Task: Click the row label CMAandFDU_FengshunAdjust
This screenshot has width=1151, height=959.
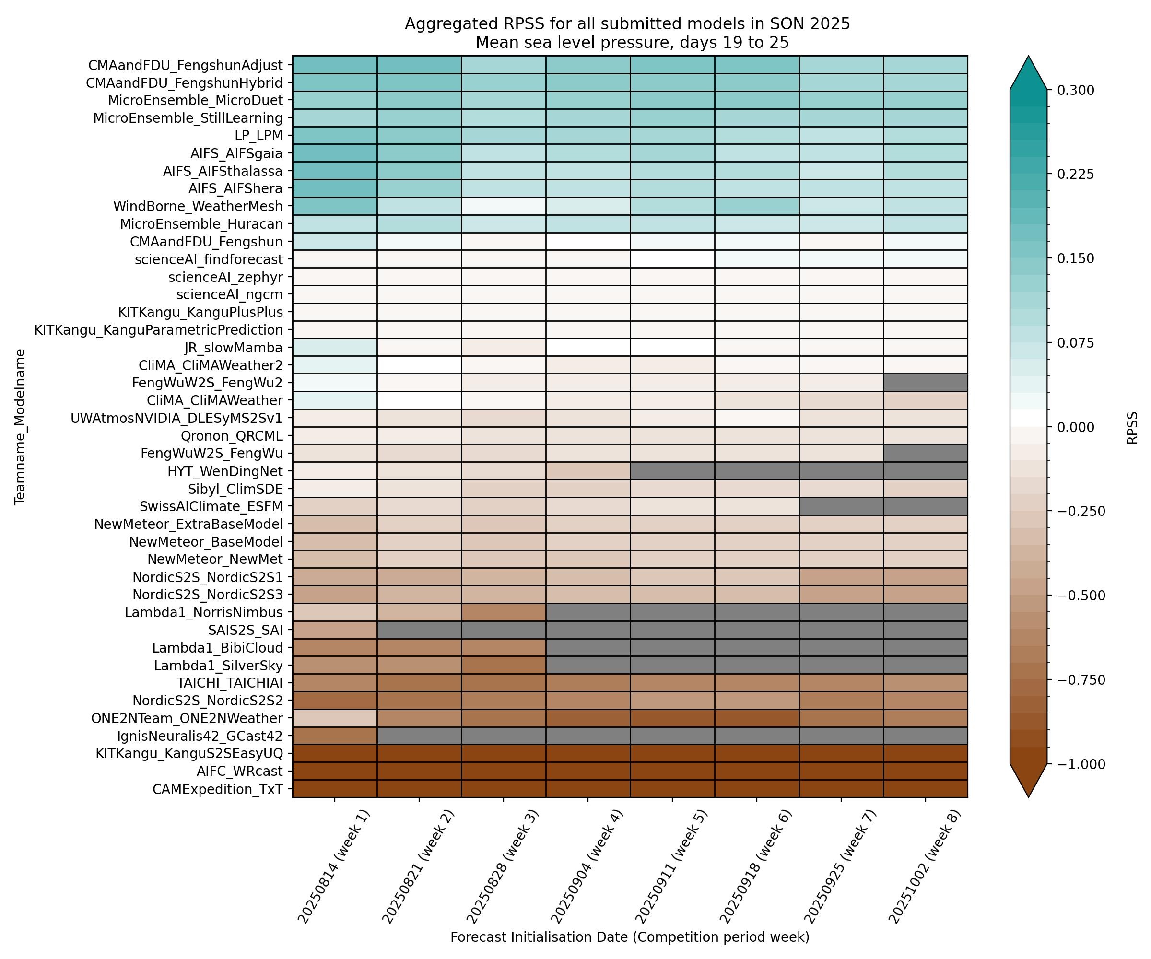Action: click(x=185, y=65)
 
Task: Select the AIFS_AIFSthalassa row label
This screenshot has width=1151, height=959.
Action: click(x=223, y=171)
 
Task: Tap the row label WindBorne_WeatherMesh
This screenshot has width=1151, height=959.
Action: click(x=198, y=207)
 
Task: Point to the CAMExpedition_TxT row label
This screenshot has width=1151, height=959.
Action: click(x=218, y=789)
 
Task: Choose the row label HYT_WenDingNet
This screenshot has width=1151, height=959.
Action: click(x=225, y=471)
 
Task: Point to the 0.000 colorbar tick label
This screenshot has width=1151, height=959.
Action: click(x=1075, y=427)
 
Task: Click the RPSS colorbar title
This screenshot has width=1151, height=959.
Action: click(x=1132, y=427)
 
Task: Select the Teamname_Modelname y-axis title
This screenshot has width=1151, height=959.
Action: click(x=20, y=426)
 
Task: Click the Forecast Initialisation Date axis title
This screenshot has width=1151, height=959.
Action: click(x=630, y=937)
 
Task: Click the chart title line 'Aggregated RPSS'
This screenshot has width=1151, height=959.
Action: click(x=627, y=24)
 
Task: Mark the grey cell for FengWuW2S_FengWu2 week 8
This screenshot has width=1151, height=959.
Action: click(x=925, y=383)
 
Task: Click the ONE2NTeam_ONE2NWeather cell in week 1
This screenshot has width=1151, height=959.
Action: click(x=334, y=718)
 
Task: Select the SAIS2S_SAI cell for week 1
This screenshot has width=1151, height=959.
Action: click(x=334, y=630)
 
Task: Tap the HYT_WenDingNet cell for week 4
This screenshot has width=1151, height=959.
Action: click(x=587, y=471)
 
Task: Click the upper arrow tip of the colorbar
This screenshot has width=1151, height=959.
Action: click(x=1028, y=57)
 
